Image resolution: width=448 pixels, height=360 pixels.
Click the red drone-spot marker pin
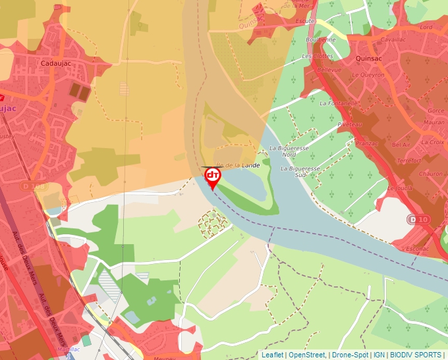213,176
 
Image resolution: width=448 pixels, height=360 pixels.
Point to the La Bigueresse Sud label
300,172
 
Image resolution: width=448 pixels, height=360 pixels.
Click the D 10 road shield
418,219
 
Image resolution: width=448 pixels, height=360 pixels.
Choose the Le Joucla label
400,188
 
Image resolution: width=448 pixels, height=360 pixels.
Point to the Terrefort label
409,161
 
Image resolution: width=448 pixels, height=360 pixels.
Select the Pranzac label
366,143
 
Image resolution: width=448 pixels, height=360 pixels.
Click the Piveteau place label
349,124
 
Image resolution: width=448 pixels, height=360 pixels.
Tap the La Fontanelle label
339,103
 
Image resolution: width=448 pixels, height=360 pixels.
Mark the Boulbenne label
321,39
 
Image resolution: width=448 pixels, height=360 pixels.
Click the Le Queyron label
368,75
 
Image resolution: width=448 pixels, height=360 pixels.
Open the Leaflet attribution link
272,355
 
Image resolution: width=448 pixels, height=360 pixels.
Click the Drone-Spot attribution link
350,355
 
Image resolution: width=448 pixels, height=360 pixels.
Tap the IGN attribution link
379,355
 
